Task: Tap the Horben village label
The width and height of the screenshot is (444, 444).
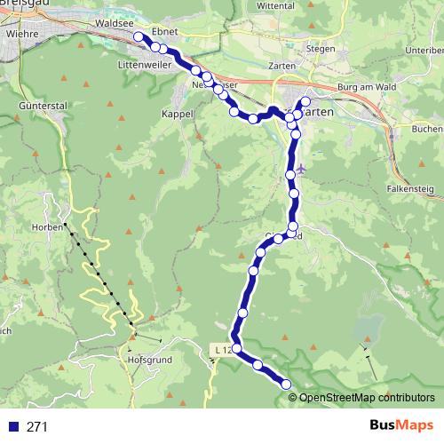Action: click(x=52, y=226)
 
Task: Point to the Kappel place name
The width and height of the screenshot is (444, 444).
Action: click(x=177, y=115)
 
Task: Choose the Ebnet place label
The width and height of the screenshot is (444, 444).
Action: click(x=165, y=31)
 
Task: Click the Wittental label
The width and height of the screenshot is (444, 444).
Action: click(x=299, y=5)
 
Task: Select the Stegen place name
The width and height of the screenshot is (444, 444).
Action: click(x=321, y=49)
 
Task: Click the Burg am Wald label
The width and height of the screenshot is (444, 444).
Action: click(x=366, y=87)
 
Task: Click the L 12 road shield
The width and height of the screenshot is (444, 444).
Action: click(x=223, y=351)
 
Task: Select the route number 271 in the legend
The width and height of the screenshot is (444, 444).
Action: click(x=36, y=427)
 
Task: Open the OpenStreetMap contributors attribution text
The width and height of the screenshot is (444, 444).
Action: click(x=367, y=397)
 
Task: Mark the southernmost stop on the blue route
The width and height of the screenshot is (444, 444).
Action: click(x=286, y=384)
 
